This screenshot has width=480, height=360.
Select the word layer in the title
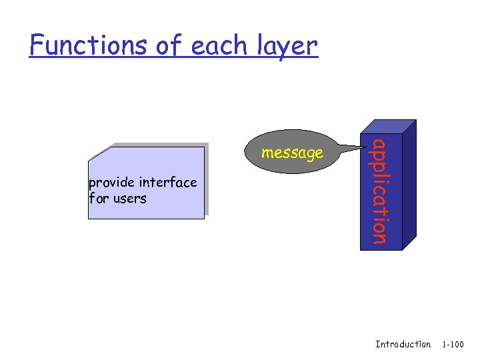287,45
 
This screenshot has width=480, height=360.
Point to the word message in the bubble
292,153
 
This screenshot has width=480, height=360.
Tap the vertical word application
378,191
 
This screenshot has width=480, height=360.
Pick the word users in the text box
130,198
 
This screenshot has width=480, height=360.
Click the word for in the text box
99,198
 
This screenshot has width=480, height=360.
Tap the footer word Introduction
403,344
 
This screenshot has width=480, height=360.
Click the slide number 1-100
453,344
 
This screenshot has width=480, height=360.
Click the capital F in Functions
37,45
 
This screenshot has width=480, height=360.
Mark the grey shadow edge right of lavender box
207,180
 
